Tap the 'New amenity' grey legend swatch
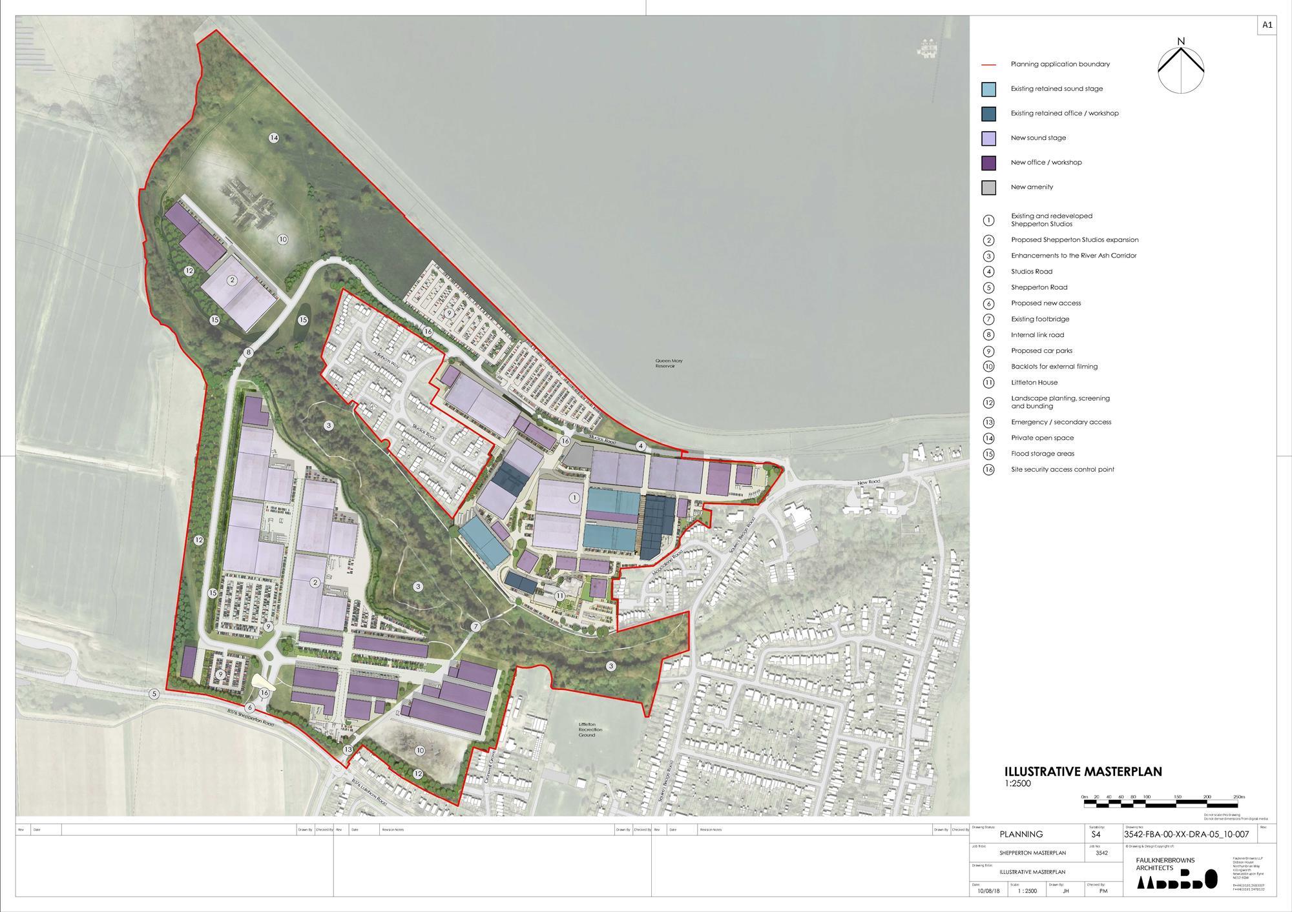point(988,187)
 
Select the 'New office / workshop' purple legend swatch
point(988,163)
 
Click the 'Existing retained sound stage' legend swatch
point(988,89)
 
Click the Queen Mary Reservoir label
point(669,363)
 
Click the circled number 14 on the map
point(274,137)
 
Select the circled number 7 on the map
point(476,627)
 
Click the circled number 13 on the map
point(348,749)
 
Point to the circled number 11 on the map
point(560,596)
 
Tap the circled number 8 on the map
point(248,352)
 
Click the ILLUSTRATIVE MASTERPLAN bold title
point(1083,771)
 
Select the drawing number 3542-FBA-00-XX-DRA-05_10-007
point(1186,835)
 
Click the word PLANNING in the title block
point(1021,835)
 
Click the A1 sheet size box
point(1267,43)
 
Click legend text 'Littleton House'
point(1034,383)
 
